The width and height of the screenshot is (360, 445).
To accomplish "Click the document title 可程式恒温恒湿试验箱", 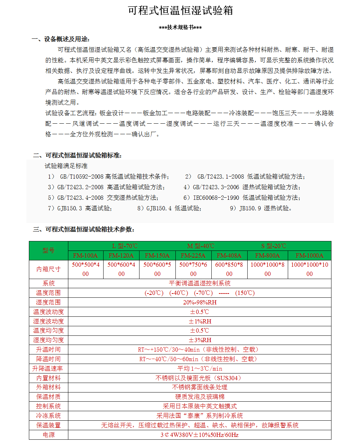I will (x=180, y=11).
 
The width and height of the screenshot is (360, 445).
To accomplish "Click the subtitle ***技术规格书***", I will (x=180, y=27).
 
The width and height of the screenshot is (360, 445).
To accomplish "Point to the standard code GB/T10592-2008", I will (x=82, y=177).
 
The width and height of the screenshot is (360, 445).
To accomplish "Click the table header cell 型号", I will (x=49, y=251).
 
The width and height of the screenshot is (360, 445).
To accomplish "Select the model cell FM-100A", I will (x=86, y=255).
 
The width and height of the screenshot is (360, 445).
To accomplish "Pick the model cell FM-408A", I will (x=229, y=255).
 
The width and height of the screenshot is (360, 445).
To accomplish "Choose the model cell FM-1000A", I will (x=309, y=255).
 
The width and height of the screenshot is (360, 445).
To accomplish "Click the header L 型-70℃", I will (x=125, y=246).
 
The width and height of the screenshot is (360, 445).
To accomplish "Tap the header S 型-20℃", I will (x=274, y=246).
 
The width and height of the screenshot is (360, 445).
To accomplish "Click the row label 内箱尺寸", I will (x=49, y=269).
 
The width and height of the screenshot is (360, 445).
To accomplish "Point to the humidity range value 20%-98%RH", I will (x=200, y=302).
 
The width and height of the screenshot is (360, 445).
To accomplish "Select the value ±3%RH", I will (x=200, y=340).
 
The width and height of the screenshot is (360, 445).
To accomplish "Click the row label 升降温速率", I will (x=48, y=369).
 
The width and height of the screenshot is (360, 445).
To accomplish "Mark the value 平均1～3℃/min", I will (x=200, y=369).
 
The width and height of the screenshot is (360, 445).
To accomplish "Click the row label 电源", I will (x=49, y=435).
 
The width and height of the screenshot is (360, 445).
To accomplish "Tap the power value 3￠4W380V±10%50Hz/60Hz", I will (x=200, y=435).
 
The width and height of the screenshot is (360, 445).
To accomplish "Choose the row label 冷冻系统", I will (x=49, y=416).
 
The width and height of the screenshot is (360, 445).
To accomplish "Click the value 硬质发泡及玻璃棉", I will (x=200, y=397).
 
